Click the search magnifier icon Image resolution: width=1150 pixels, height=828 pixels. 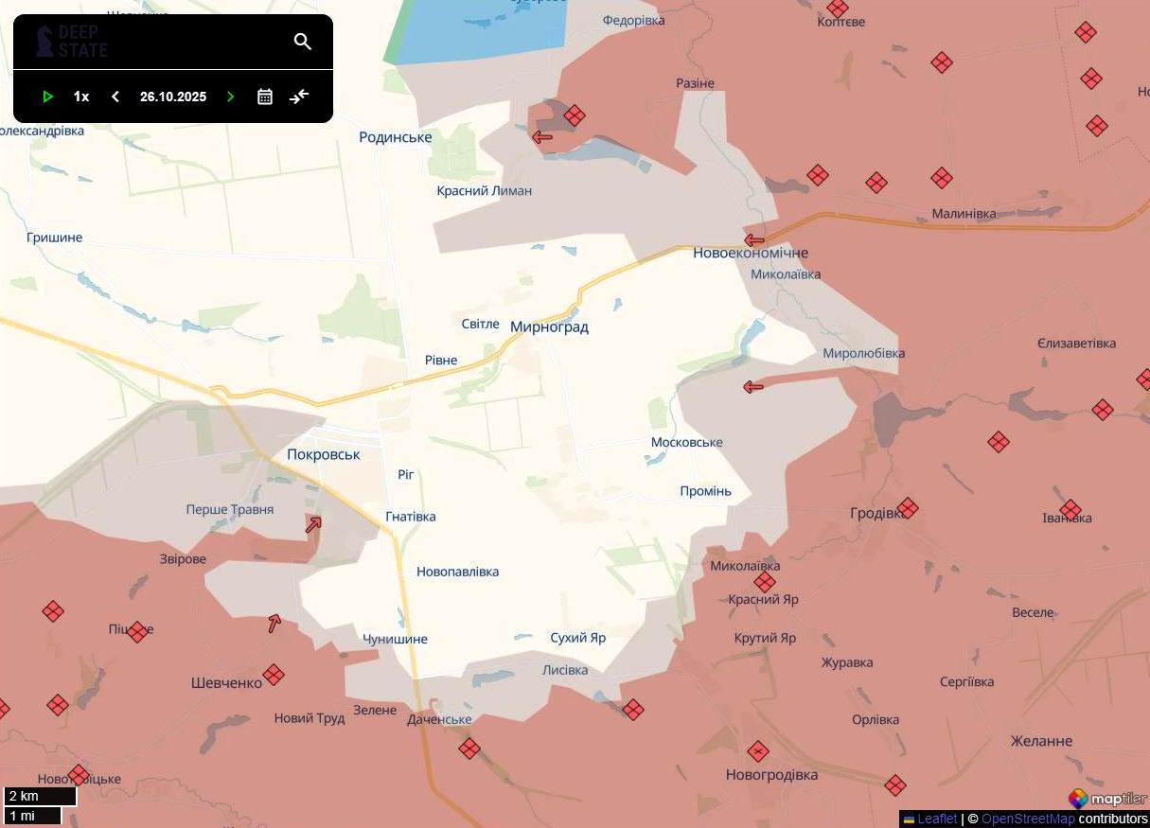pos(303,42)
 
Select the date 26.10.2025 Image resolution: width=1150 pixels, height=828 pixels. pos(172,97)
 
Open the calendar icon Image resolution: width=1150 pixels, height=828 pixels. pos(265,97)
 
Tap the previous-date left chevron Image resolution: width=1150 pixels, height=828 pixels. pos(115,97)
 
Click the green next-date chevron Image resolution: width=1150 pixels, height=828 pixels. pos(230,97)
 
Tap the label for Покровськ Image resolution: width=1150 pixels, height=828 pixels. pos(324,454)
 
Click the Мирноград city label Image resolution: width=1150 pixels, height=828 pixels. pos(549,327)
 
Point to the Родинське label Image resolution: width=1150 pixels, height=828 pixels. pos(396,137)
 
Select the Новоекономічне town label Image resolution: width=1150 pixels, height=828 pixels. pos(751,254)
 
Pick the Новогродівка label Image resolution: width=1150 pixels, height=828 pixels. pos(771,775)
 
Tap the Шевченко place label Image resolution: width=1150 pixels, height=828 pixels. pos(226,683)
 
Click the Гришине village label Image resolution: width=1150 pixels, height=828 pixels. pos(55,238)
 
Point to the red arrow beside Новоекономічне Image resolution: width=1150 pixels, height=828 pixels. pos(754,240)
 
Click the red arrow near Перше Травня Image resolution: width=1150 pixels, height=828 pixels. pos(313,524)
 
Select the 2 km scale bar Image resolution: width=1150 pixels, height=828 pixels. pos(40,796)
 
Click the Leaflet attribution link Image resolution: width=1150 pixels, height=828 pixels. pos(936,819)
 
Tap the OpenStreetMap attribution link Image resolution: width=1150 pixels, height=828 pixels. pos(1028,819)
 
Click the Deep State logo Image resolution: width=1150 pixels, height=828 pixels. pos(72,42)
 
